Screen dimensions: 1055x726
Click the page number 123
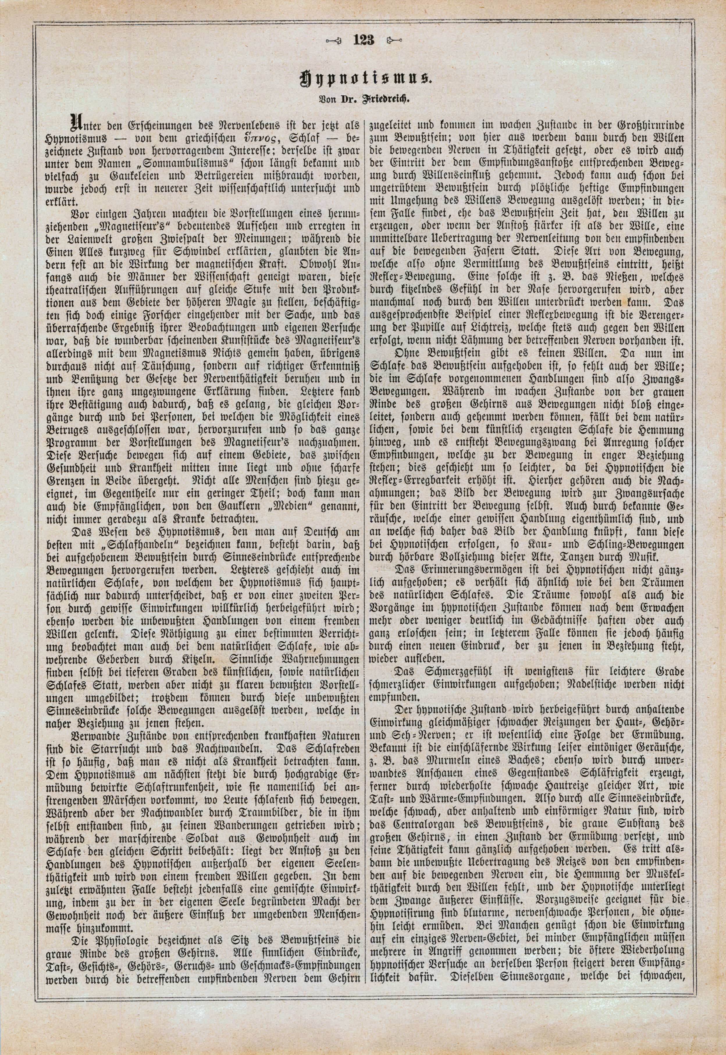pos(363,40)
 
